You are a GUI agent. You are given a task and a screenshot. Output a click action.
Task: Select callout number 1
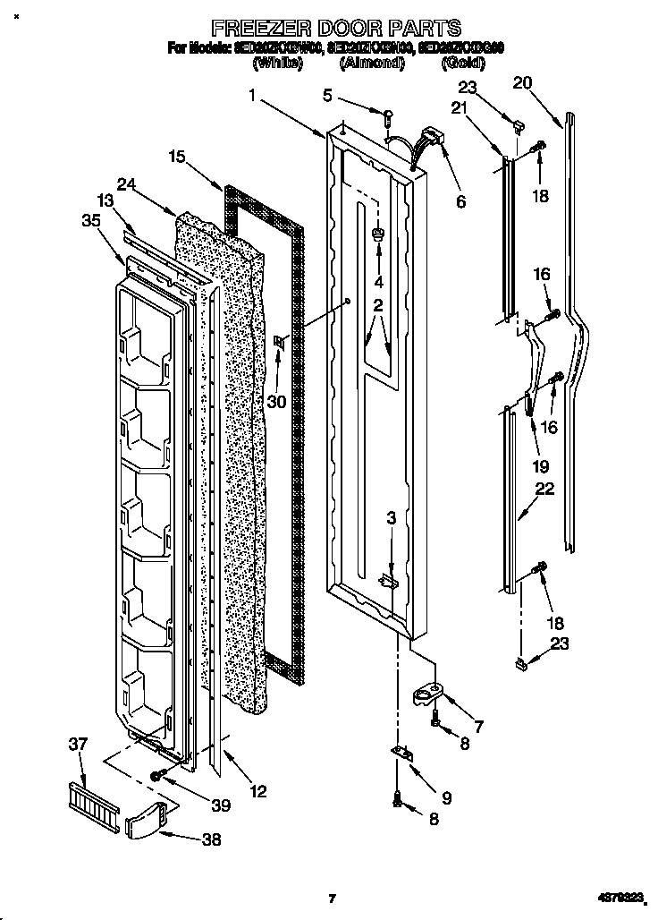tap(254, 95)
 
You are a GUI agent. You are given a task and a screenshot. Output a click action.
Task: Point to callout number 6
tap(460, 202)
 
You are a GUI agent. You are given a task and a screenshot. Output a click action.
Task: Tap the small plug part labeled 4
tap(377, 235)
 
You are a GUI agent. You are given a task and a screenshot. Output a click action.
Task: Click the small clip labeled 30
tap(279, 341)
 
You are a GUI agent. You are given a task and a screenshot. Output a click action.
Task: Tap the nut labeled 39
tap(156, 776)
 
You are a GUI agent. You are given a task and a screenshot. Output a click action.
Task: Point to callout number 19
tap(540, 466)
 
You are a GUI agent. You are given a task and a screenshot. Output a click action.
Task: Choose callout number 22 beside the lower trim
tap(544, 490)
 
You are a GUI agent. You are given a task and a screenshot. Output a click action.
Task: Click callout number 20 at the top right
tap(522, 83)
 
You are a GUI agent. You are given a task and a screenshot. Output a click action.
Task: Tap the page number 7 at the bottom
tap(332, 898)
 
